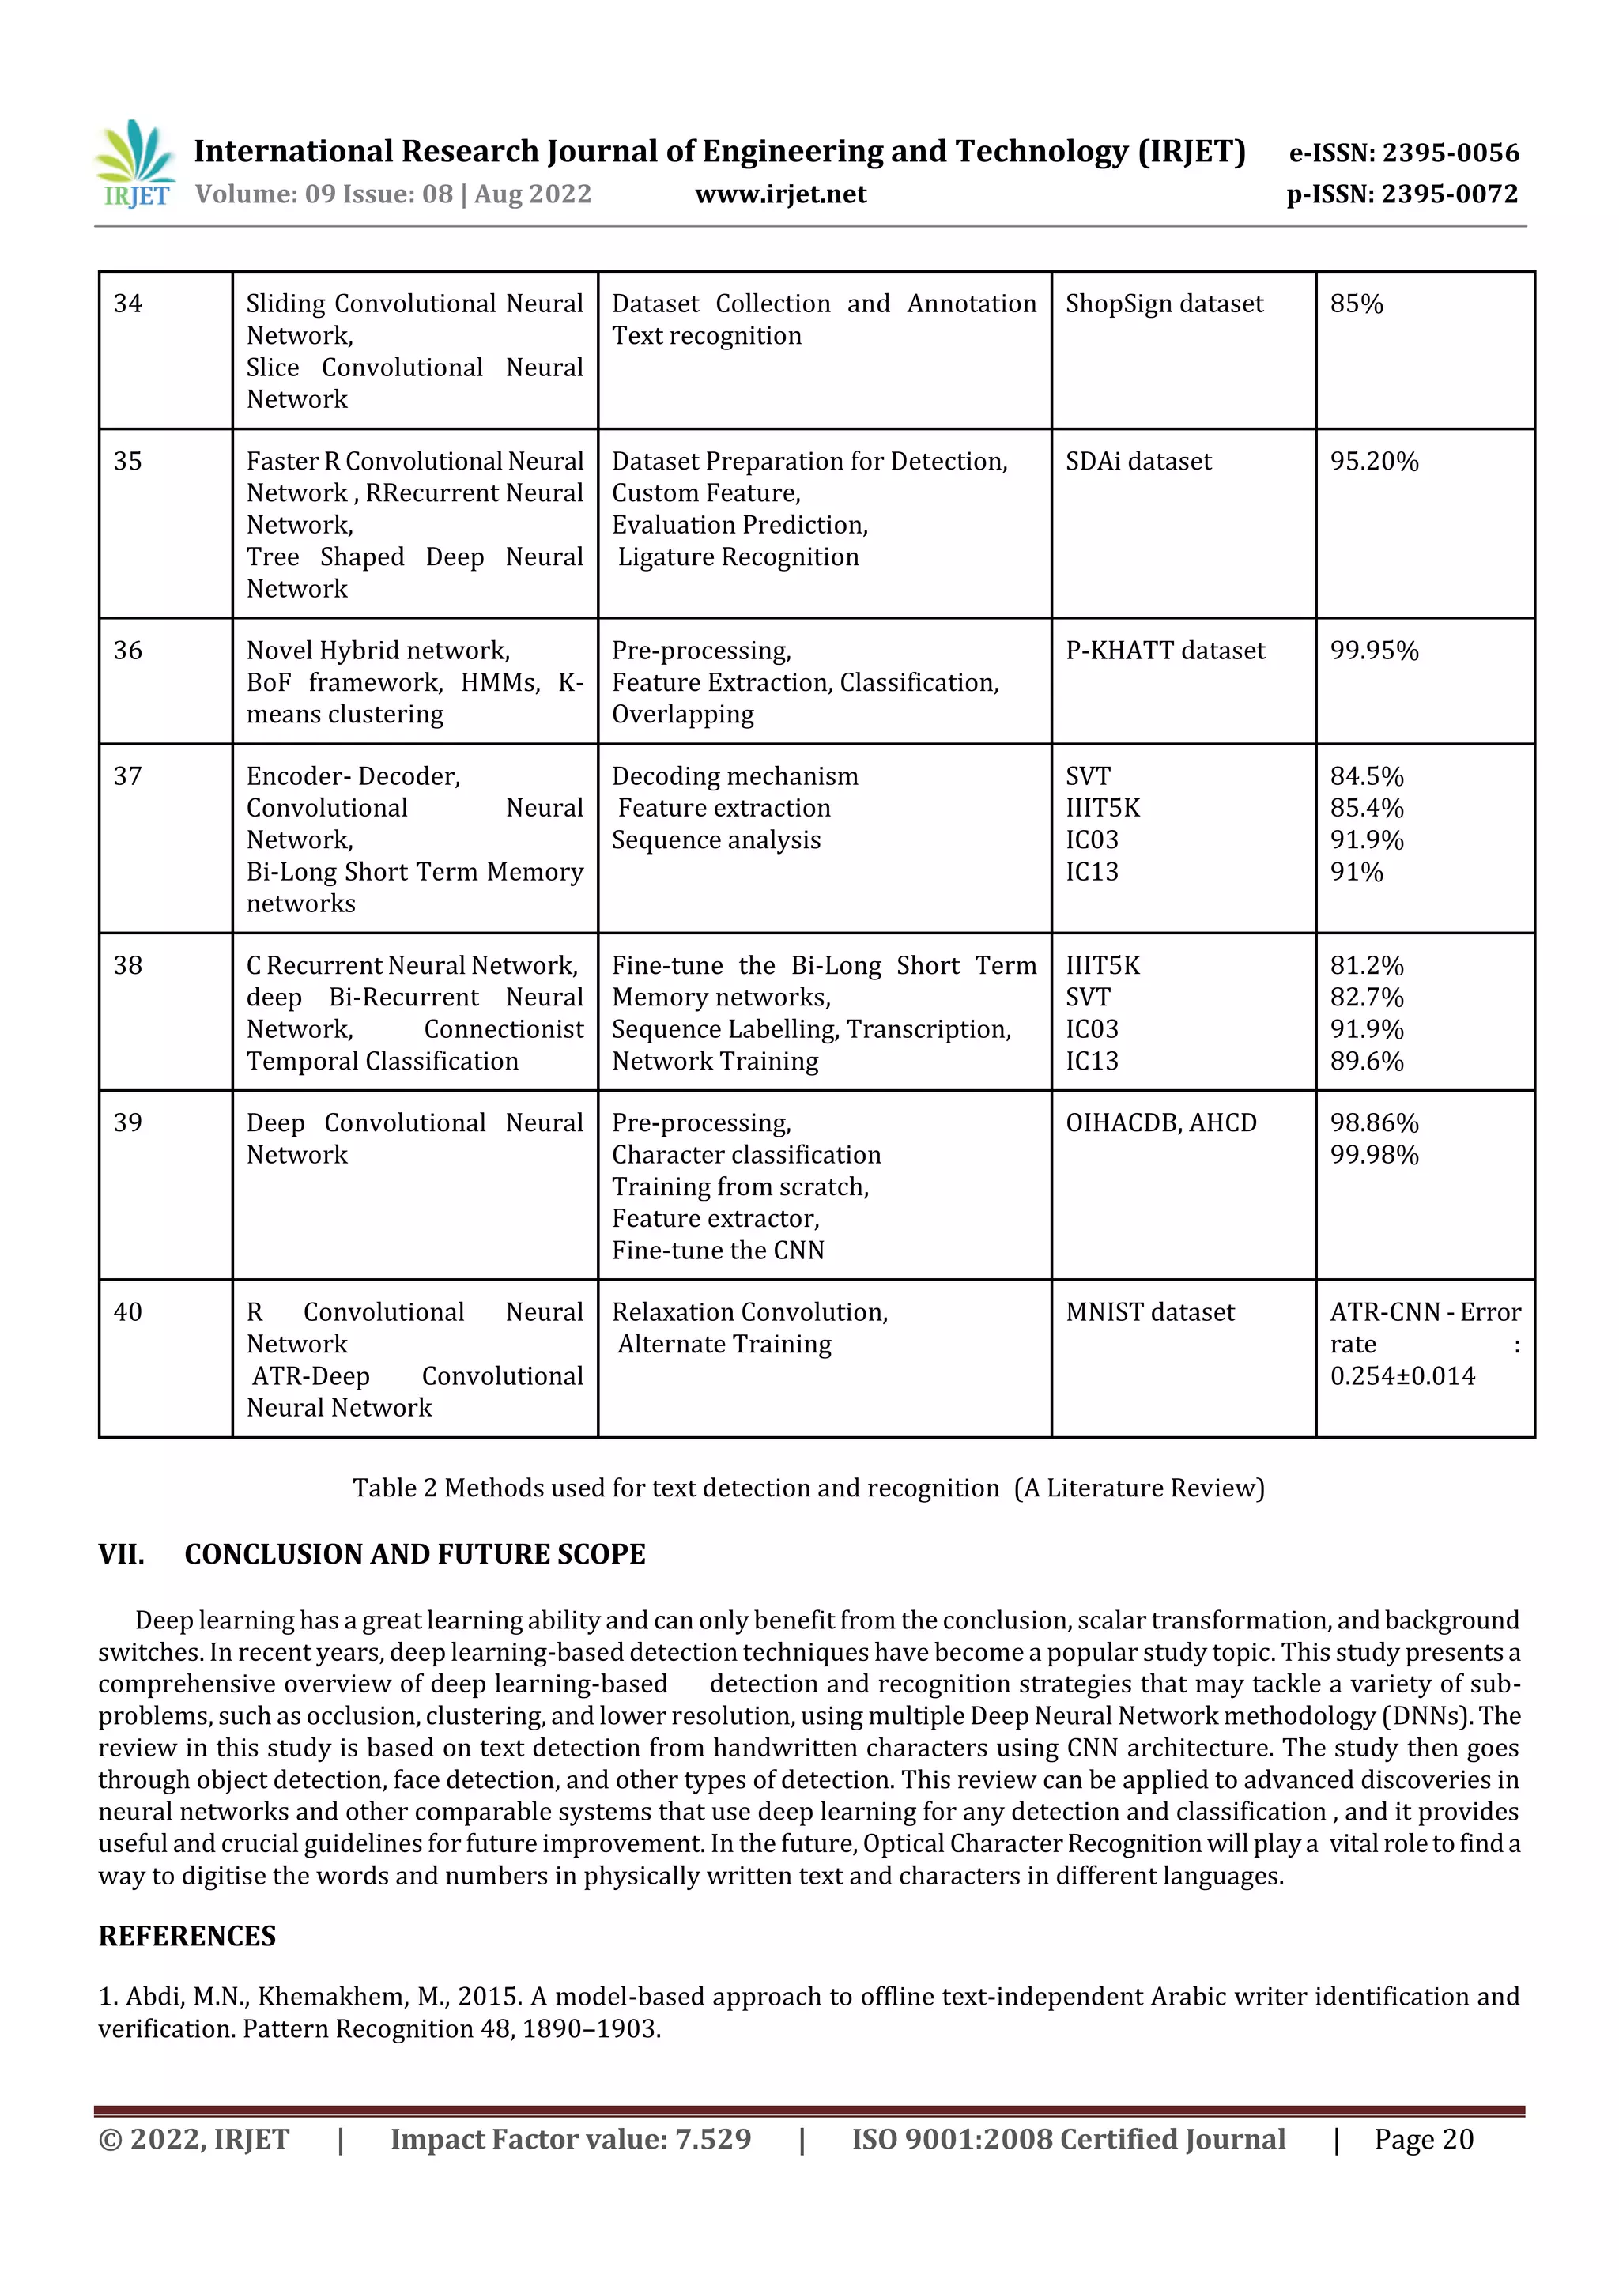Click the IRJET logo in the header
tap(134, 164)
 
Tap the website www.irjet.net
tap(780, 194)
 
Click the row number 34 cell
tap(128, 304)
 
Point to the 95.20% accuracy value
tap(1374, 461)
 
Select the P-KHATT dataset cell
tap(1164, 651)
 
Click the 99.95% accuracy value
tap(1374, 651)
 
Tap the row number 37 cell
tap(128, 776)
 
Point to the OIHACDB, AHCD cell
tap(1160, 1123)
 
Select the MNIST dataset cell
tap(1149, 1312)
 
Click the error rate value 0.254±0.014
tap(1402, 1376)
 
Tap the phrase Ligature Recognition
tap(738, 556)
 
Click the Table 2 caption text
tap(808, 1488)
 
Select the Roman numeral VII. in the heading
tap(121, 1554)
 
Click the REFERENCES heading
tap(187, 1936)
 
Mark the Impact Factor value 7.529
tap(712, 2139)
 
